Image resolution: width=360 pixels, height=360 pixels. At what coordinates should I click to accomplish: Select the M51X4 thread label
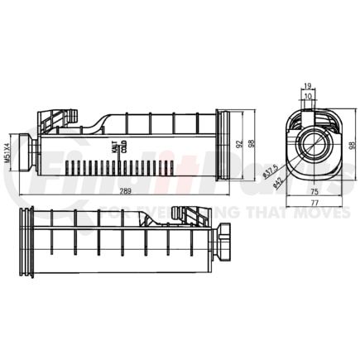(x=8, y=149)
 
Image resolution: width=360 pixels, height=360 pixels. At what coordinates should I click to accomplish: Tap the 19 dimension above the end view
(x=307, y=86)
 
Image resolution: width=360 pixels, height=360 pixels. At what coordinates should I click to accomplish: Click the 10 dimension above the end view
(x=309, y=96)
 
